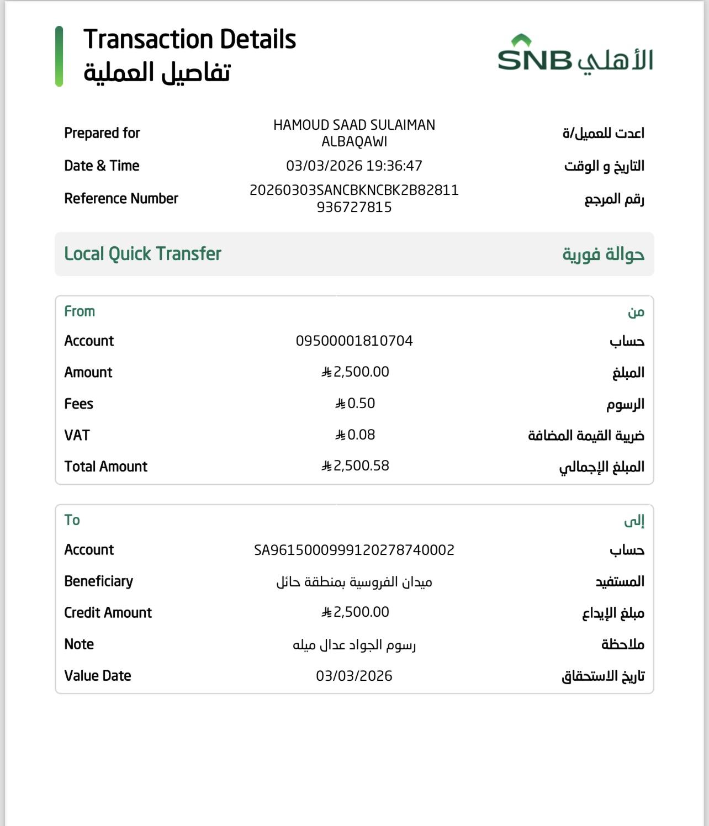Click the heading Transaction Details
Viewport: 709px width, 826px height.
pos(189,40)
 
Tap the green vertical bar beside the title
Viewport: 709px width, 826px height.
pos(59,56)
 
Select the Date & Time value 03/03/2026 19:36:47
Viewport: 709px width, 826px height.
pos(354,166)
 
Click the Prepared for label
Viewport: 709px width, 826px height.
pos(102,133)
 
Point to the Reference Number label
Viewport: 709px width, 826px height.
pos(121,198)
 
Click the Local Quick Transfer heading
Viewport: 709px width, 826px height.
pos(142,254)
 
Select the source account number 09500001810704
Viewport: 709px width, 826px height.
pos(354,341)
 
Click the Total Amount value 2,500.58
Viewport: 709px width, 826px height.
pos(355,466)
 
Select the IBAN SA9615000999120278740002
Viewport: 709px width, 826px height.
pos(354,550)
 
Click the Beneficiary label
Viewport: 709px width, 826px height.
pos(98,581)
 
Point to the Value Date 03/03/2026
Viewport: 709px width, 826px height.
pos(354,676)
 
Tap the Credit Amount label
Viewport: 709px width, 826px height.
pos(108,613)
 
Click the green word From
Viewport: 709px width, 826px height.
pos(80,311)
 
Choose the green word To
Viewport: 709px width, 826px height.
pos(72,520)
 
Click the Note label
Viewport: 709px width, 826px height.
pos(79,644)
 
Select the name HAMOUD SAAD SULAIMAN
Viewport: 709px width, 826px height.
pos(354,125)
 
